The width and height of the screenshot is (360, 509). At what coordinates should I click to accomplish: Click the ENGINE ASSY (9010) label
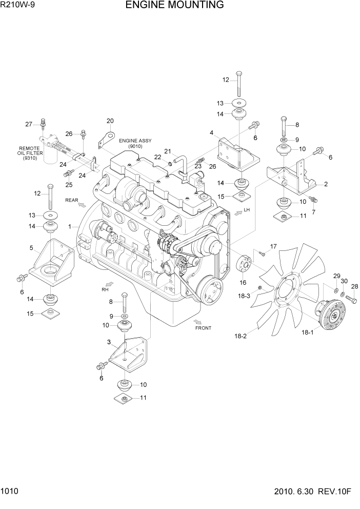[132, 143]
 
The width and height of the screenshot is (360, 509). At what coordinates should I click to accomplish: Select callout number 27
[29, 124]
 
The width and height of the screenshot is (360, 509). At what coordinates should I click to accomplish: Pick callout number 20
[110, 121]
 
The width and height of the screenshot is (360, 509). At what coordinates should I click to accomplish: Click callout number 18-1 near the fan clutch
[308, 333]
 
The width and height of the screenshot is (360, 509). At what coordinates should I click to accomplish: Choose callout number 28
[354, 286]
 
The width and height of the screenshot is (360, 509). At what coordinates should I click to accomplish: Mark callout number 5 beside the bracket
[31, 248]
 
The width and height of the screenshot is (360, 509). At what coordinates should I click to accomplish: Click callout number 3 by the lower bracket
[109, 342]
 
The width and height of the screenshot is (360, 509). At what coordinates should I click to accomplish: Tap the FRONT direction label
[203, 327]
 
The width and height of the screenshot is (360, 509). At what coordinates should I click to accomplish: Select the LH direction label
[247, 210]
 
